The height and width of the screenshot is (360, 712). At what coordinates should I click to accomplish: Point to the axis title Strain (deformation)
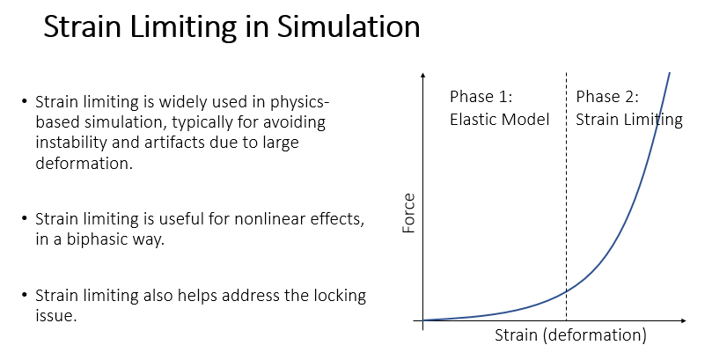point(570,335)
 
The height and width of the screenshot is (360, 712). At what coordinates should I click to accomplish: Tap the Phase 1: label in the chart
point(481,97)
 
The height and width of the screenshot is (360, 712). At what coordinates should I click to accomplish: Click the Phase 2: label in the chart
point(607,97)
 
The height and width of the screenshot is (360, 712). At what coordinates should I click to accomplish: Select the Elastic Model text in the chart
point(499,120)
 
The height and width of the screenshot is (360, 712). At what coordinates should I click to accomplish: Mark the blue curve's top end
point(670,73)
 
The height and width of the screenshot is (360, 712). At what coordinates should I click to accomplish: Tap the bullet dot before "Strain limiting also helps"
point(24,296)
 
